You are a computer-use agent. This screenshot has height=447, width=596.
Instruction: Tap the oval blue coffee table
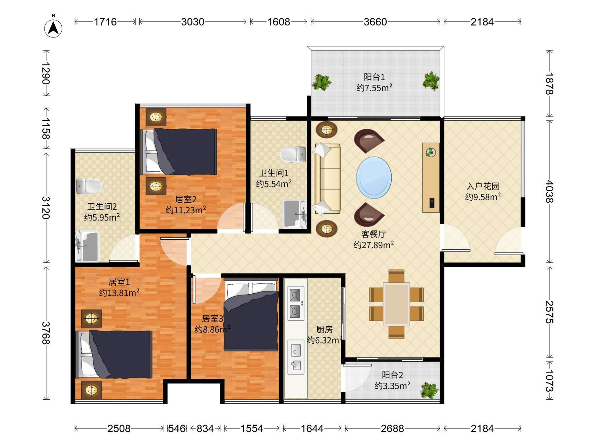pos(374,178)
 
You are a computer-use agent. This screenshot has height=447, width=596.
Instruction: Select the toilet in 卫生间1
pos(293,155)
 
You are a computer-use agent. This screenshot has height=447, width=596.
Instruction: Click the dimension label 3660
pos(375,22)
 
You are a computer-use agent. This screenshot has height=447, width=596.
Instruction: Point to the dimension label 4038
pos(550,191)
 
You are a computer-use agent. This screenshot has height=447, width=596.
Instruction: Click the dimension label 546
pos(177,428)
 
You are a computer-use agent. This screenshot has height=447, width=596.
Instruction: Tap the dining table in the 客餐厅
pos(396,304)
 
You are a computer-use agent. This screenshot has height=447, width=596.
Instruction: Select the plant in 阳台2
pos(429,390)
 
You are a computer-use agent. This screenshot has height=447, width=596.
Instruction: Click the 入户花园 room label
pos(483,186)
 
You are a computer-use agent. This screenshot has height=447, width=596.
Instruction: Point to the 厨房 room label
pos(324,329)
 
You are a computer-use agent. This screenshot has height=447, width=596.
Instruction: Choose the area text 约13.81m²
pos(119,293)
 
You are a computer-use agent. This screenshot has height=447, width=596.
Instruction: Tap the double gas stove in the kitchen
pos(296,303)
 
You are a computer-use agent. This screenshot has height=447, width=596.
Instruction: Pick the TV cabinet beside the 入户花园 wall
pos(431,178)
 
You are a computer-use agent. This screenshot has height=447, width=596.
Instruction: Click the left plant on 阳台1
pos(321,82)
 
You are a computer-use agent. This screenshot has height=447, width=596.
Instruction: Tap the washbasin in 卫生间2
pos(87,246)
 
